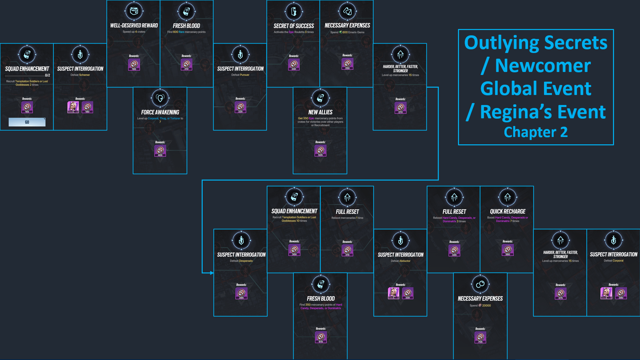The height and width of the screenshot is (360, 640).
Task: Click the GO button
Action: (x=27, y=122)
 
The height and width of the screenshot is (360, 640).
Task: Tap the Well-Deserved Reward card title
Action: (x=134, y=26)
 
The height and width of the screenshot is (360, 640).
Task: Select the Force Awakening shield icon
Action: (x=160, y=98)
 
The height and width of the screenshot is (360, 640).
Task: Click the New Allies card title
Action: (x=320, y=112)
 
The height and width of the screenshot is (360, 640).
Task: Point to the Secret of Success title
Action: (x=294, y=26)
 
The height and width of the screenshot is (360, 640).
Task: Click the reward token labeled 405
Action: (x=160, y=151)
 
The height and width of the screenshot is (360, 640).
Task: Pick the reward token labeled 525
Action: (x=320, y=151)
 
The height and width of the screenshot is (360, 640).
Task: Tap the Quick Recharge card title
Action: (x=507, y=211)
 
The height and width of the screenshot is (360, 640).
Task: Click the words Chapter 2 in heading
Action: (x=535, y=132)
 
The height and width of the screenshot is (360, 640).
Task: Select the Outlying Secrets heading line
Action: (x=536, y=43)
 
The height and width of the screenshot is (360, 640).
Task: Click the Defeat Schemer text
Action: (x=80, y=75)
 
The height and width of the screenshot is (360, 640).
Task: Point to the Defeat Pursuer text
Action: (x=240, y=75)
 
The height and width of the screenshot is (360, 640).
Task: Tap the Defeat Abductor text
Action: (x=400, y=261)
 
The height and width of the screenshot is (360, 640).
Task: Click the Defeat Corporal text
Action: (x=613, y=261)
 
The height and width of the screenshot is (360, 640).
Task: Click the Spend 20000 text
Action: (x=480, y=305)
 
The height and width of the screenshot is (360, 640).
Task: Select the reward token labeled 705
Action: (x=480, y=337)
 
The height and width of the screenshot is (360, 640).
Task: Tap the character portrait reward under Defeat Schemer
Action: (x=73, y=107)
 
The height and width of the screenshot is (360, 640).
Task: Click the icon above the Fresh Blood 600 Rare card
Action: (x=187, y=11)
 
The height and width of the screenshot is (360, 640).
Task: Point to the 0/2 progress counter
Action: (x=47, y=75)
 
